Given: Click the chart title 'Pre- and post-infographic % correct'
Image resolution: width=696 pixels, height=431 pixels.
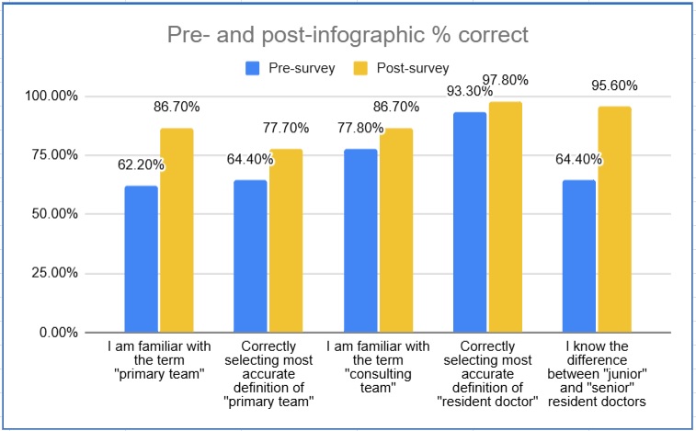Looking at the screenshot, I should (x=347, y=36).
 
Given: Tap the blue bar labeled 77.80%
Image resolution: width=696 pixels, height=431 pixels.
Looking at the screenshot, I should (x=359, y=240).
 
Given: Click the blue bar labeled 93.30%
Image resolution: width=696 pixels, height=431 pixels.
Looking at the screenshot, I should (x=469, y=221).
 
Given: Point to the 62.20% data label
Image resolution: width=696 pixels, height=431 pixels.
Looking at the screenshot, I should (x=141, y=166).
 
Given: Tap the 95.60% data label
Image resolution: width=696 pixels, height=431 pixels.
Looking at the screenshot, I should (x=614, y=87).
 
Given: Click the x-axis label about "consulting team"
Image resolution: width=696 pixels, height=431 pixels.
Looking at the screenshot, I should (x=377, y=368).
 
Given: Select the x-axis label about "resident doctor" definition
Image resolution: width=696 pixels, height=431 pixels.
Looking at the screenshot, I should (x=487, y=374).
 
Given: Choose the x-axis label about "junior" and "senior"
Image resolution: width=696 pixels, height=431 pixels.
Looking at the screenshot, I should (x=596, y=374).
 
